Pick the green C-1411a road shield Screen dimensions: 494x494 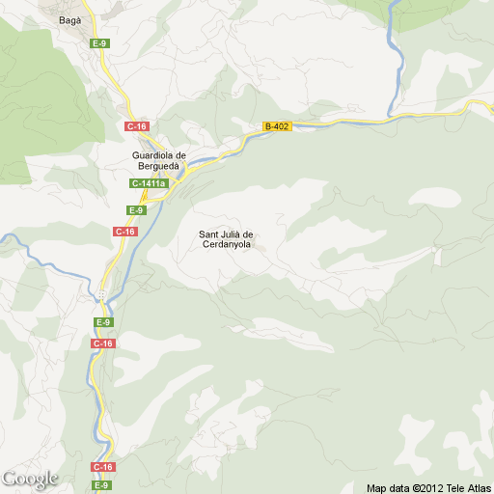coord(150,183)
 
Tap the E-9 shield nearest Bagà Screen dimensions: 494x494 coord(99,43)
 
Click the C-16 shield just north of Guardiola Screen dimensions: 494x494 coord(136,126)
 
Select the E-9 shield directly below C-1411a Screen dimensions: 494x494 coord(136,210)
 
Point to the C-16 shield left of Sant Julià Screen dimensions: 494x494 coord(125,232)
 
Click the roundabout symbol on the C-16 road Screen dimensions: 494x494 coord(101,294)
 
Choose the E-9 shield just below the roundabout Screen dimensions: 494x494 coord(102,321)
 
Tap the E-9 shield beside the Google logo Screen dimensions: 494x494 coord(101,484)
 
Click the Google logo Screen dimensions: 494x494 coord(30,479)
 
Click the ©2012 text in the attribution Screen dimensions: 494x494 coord(426,487)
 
